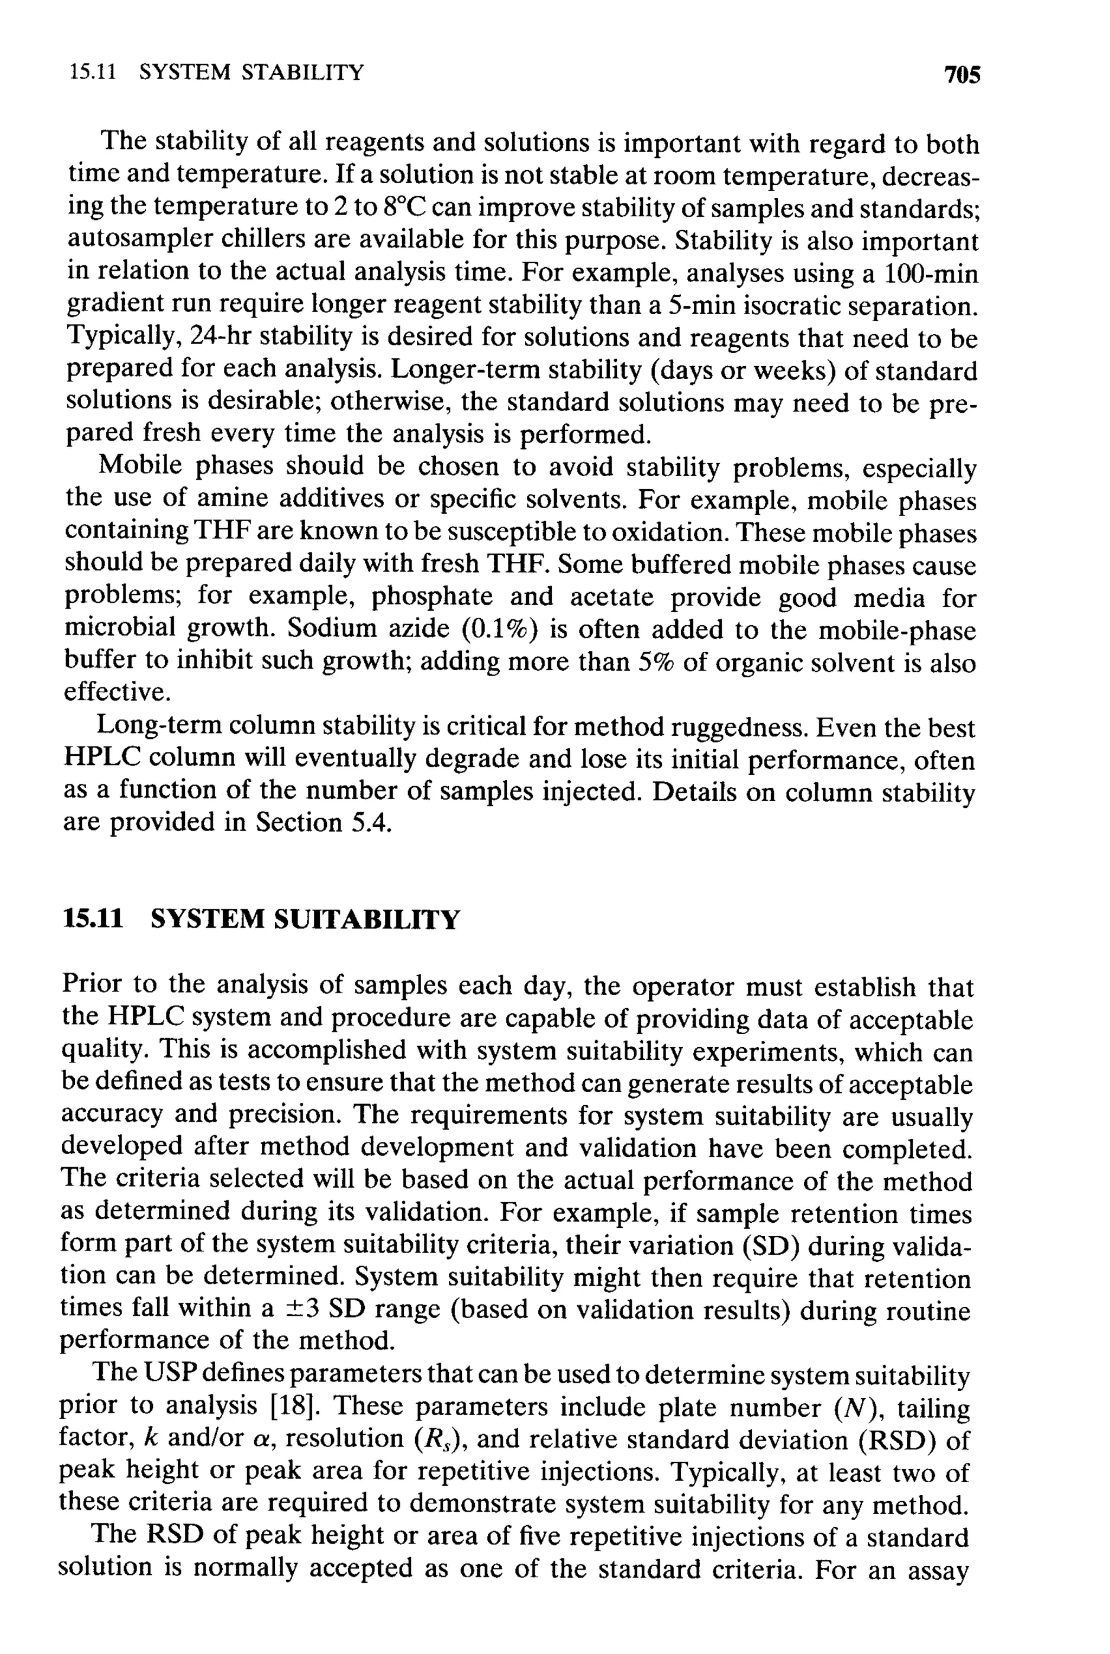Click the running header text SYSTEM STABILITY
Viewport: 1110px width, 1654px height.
click(251, 72)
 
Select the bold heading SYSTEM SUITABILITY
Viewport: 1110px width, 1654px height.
click(305, 920)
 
